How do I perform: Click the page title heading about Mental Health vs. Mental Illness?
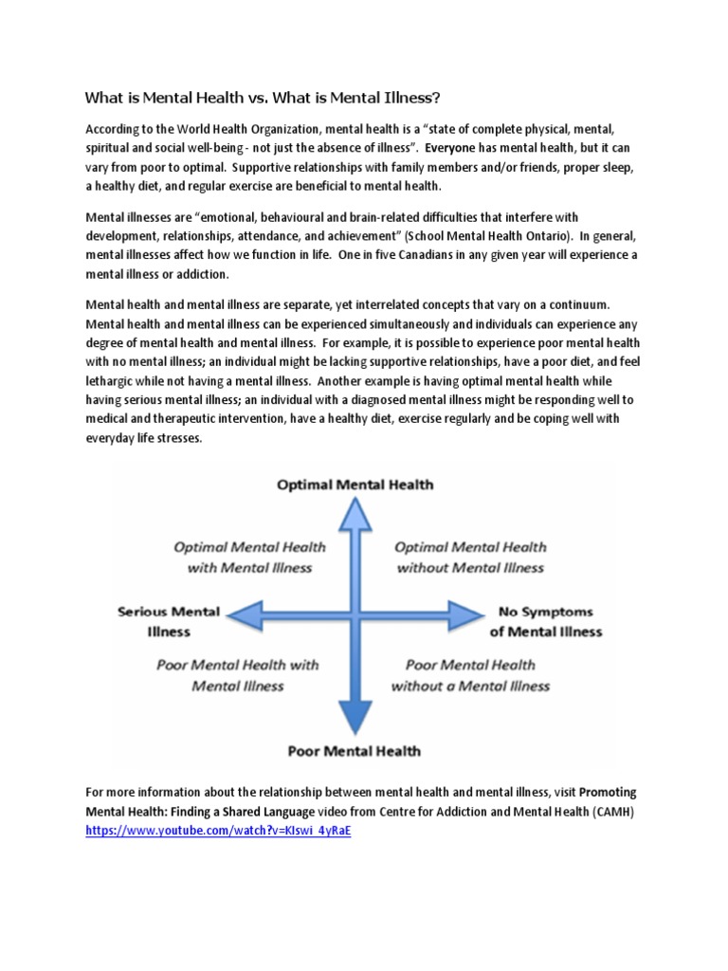pyautogui.click(x=263, y=98)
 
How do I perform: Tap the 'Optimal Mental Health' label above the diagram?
pyautogui.click(x=355, y=485)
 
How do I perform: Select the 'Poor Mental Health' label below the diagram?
pyautogui.click(x=355, y=751)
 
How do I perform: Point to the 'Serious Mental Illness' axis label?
pyautogui.click(x=169, y=621)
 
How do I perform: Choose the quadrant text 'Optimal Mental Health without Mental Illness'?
pyautogui.click(x=470, y=558)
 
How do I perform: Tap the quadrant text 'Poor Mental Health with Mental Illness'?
pyautogui.click(x=237, y=675)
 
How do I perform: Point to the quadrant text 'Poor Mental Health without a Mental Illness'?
pyautogui.click(x=470, y=675)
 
